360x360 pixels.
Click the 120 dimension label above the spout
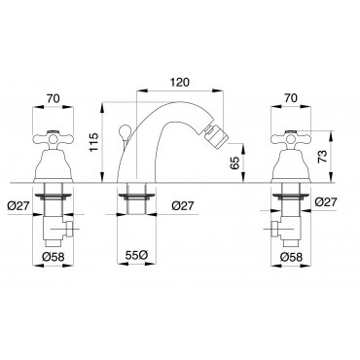pyautogui.click(x=179, y=82)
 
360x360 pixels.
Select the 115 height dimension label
pyautogui.click(x=94, y=142)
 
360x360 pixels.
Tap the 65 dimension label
pyautogui.click(x=235, y=162)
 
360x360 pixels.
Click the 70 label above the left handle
pyautogui.click(x=54, y=98)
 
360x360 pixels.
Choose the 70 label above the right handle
pyautogui.click(x=291, y=98)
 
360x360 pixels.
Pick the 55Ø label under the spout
pyautogui.click(x=137, y=255)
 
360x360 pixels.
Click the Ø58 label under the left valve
pyautogui.click(x=54, y=257)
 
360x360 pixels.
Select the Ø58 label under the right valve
pyautogui.click(x=291, y=257)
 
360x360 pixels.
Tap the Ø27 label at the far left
pyautogui.click(x=18, y=205)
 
